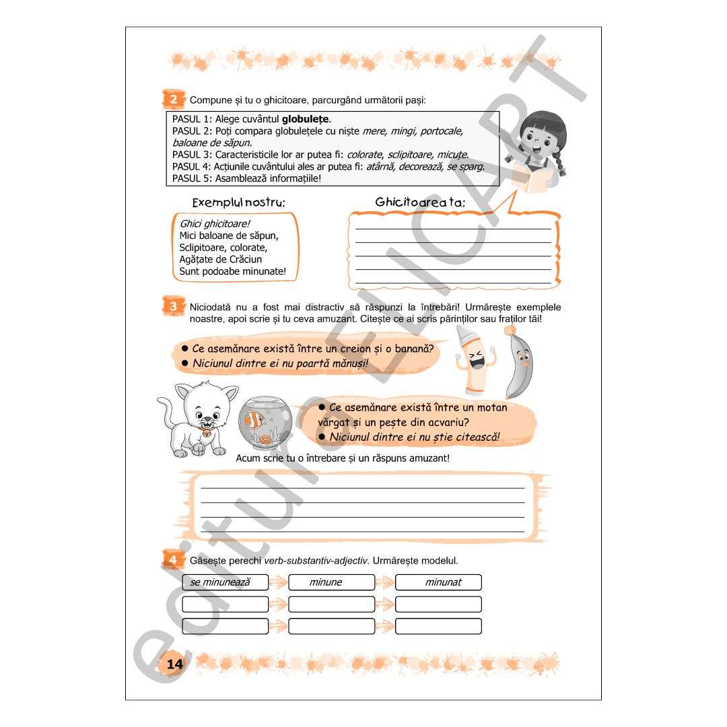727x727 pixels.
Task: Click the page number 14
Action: (174, 664)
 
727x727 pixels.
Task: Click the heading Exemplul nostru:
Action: (238, 203)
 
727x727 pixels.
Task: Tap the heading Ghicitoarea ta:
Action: (420, 202)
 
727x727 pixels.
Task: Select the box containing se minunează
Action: (225, 582)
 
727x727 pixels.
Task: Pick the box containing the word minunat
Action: (438, 582)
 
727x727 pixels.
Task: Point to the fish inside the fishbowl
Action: (255, 420)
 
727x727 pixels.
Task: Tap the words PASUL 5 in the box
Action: (193, 178)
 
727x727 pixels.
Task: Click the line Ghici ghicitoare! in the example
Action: (210, 223)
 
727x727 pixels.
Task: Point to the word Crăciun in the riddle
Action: (245, 259)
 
